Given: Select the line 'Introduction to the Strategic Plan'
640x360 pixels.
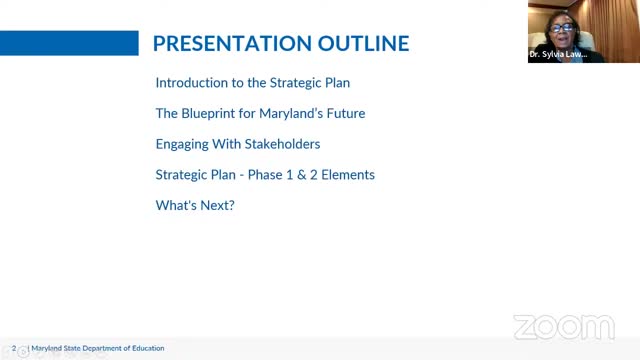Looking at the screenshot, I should (x=252, y=83).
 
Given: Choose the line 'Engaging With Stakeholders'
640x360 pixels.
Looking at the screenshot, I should (x=237, y=144).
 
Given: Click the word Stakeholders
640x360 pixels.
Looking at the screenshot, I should (x=281, y=144).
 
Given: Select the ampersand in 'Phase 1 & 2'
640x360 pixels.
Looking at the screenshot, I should (x=299, y=175).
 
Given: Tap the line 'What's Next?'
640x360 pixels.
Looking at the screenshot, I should (x=195, y=206).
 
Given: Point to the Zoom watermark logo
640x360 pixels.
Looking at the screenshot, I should (x=563, y=327).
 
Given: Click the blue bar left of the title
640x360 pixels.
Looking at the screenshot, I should (x=68, y=43).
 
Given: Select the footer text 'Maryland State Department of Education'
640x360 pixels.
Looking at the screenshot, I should (x=98, y=349).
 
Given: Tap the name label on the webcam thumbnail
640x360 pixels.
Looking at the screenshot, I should (x=559, y=55).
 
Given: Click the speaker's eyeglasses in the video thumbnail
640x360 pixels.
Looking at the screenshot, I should (x=562, y=28).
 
